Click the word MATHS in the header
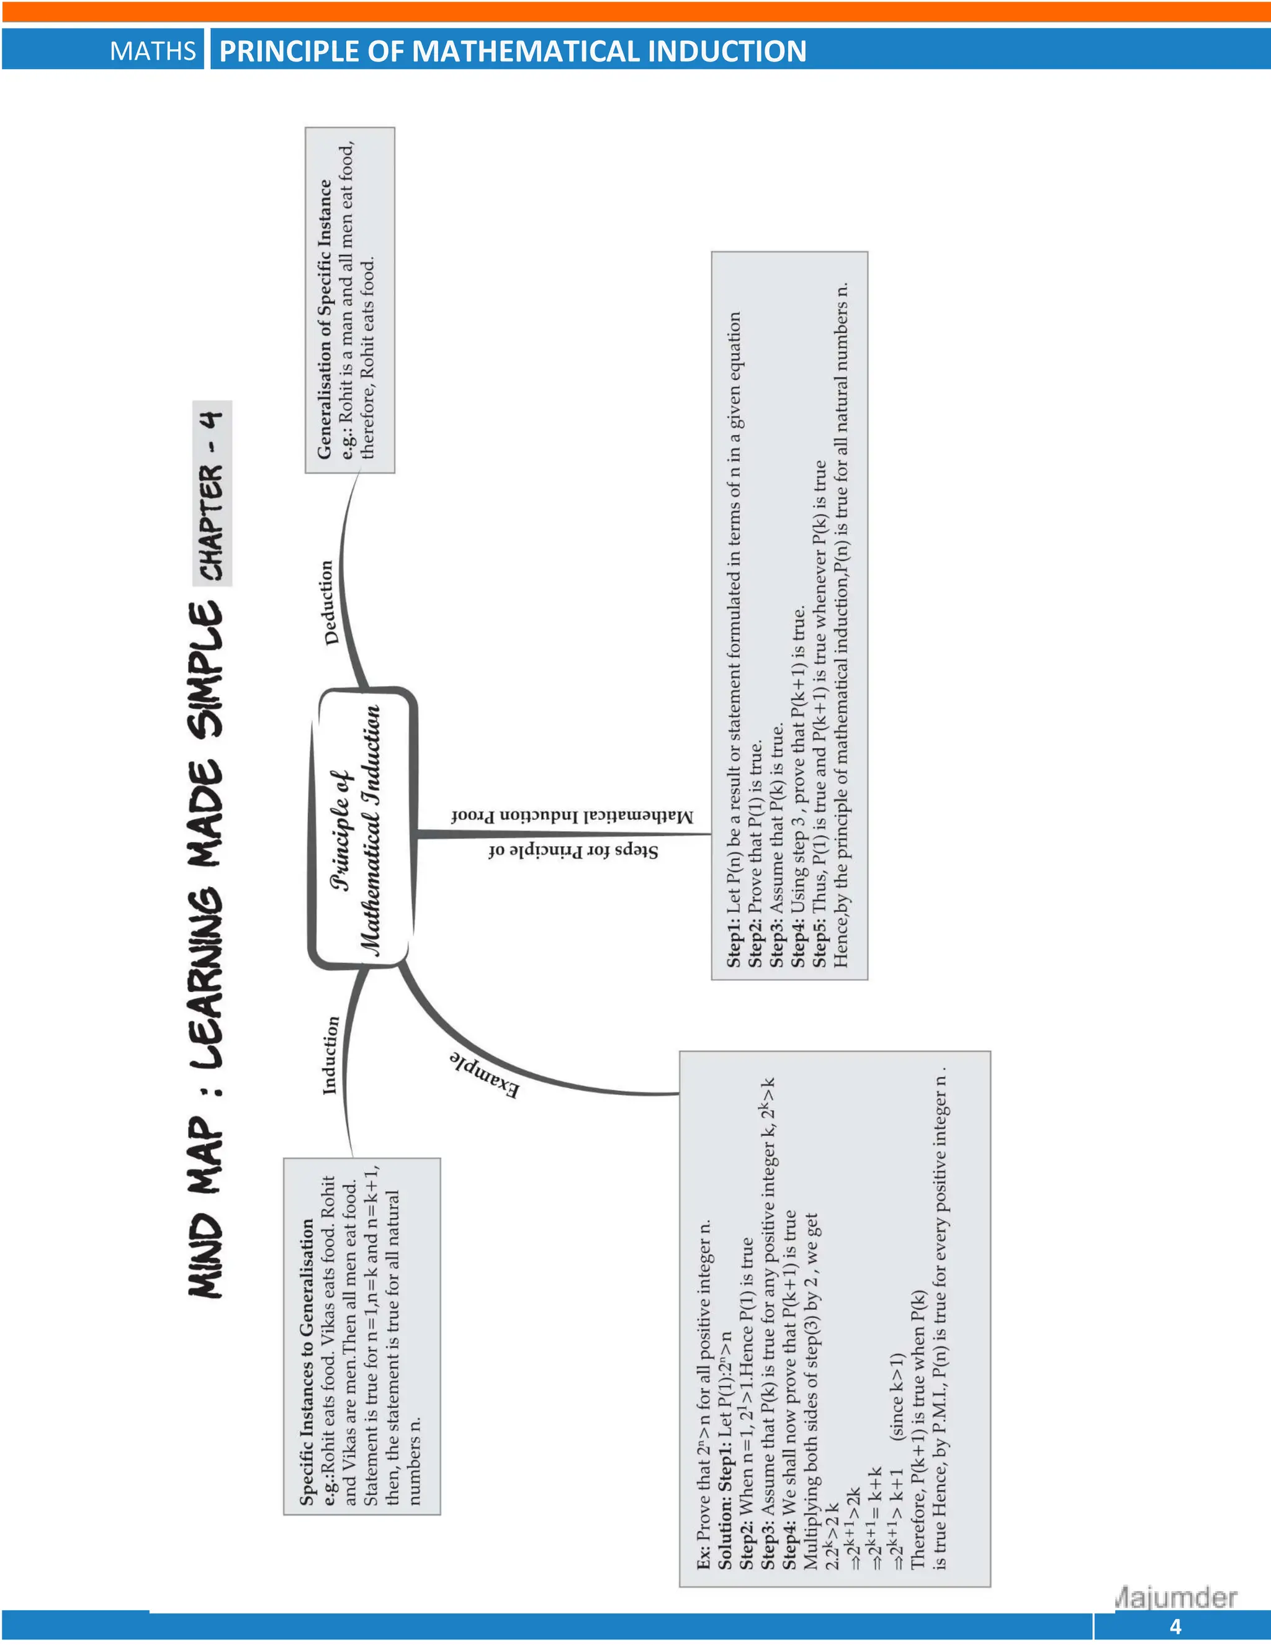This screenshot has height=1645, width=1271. [152, 50]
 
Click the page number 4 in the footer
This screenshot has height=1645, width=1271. [1175, 1627]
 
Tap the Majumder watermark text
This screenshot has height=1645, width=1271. [1176, 1597]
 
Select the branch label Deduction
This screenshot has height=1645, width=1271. [328, 603]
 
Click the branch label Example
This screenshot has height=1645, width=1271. [485, 1074]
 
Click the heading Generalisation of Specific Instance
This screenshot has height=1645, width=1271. [325, 318]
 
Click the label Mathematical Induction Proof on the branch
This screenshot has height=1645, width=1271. [572, 816]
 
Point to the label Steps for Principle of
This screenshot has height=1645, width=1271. [572, 851]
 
